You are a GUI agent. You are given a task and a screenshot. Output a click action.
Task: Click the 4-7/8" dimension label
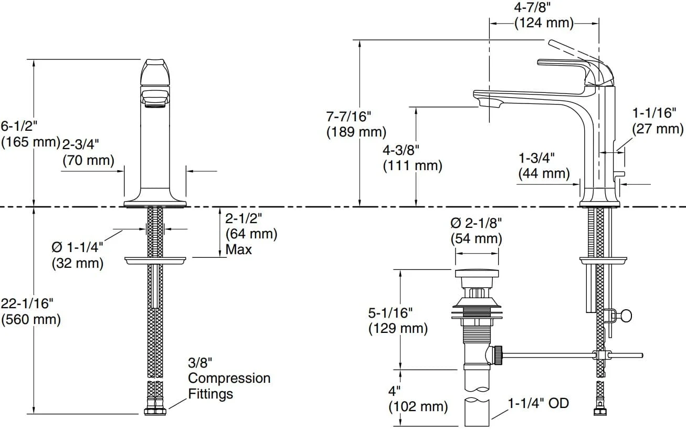(532, 7)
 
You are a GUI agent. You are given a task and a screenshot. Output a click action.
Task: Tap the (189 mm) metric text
(356, 132)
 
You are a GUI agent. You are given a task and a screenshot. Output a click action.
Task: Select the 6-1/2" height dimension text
(19, 126)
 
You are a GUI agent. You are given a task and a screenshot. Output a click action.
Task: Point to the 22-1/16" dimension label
(27, 304)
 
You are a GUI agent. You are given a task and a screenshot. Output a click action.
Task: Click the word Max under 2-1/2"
(239, 249)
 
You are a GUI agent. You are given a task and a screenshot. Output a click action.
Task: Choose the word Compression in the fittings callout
(229, 379)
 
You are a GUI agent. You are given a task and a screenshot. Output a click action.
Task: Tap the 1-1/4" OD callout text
(539, 403)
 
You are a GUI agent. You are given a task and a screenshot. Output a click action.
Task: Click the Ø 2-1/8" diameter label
(476, 223)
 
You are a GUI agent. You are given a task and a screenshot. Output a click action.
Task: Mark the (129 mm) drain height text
(398, 329)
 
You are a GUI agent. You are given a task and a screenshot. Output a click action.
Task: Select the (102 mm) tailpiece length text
(418, 406)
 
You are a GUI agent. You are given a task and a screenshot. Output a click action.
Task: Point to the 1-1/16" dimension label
(654, 113)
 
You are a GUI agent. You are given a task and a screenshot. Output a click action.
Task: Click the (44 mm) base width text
(544, 174)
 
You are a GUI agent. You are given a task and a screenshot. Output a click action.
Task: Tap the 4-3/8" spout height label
(401, 150)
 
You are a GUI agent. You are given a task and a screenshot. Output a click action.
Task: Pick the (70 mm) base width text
(89, 161)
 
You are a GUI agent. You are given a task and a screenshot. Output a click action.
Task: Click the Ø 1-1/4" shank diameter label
(78, 248)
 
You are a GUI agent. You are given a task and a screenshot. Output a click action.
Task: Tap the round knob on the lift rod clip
(626, 316)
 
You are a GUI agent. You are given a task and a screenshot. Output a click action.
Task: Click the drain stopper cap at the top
(477, 274)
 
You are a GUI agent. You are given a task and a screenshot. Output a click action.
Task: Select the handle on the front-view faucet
(155, 72)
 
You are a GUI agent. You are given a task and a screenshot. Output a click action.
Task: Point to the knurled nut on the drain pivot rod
(498, 355)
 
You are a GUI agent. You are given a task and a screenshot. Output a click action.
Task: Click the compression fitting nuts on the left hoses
(155, 411)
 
